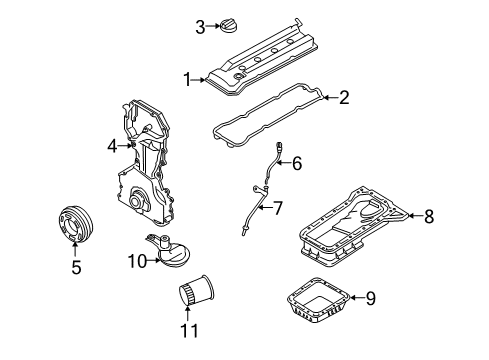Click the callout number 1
point(188,80)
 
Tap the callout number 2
point(344,97)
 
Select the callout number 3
point(200,27)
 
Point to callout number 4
point(113,146)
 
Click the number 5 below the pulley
point(76,267)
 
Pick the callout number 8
point(429,216)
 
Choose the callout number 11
point(189,330)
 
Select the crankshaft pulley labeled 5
point(74,224)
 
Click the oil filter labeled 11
point(196,290)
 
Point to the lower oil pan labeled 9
point(318,300)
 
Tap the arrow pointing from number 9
point(357,298)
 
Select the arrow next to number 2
point(330,97)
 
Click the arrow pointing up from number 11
point(188,313)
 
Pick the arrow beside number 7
point(265,208)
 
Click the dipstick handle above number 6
point(279,146)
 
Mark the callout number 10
point(137,261)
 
